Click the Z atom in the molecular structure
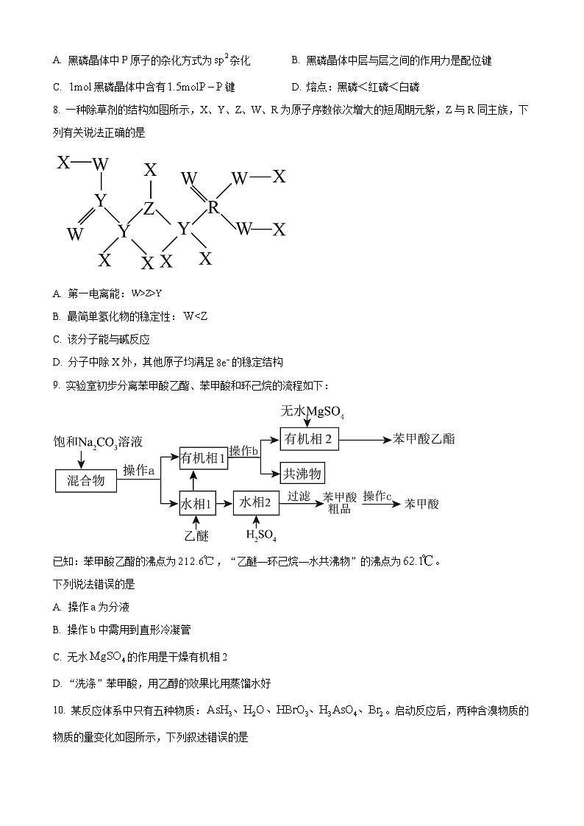click(149, 208)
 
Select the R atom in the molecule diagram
click(213, 207)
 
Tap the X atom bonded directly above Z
click(150, 171)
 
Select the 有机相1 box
click(204, 458)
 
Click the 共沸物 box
click(302, 473)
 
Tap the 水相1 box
click(196, 505)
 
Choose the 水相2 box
click(257, 504)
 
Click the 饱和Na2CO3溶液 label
click(98, 442)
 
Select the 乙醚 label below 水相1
click(196, 535)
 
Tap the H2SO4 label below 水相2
click(261, 535)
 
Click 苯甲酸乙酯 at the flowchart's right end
click(424, 439)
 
